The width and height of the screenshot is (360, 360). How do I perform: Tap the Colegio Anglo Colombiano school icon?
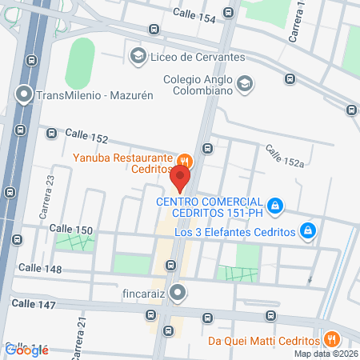[x=245, y=82]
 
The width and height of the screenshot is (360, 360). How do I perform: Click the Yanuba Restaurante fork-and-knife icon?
[x=183, y=160]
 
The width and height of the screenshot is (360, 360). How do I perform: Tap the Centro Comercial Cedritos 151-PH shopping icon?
[x=274, y=206]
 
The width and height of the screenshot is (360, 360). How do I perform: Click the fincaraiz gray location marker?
[x=178, y=294]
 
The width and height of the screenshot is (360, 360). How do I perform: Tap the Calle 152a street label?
[x=286, y=154]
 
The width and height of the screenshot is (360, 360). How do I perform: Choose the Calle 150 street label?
[x=71, y=230]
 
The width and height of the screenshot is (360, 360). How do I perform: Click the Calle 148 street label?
[x=40, y=268]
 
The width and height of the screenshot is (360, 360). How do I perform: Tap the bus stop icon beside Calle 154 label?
[x=229, y=13]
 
